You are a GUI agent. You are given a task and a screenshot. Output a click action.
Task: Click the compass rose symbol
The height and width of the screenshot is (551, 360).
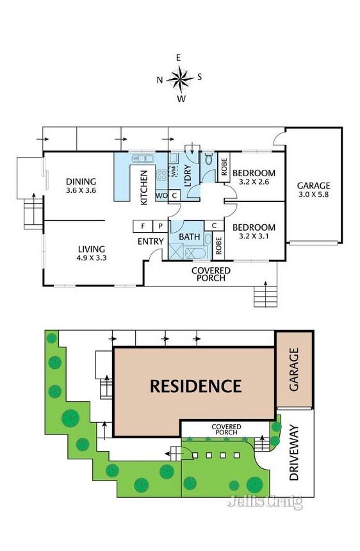click(181, 78)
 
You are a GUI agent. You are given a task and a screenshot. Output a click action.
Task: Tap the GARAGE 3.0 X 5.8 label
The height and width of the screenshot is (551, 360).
click(313, 190)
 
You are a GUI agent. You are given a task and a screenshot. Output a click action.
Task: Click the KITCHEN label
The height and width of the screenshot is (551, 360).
click(144, 187)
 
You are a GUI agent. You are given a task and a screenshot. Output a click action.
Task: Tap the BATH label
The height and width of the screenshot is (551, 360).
click(190, 236)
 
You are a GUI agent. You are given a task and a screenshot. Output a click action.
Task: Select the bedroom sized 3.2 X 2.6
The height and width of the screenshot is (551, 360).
click(254, 177)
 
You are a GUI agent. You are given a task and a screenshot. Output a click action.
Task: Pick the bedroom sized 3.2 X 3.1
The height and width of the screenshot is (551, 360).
click(254, 232)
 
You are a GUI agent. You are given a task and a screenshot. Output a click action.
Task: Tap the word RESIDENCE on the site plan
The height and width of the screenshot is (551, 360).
click(195, 386)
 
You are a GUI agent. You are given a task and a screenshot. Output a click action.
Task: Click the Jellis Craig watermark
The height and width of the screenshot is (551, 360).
click(265, 502)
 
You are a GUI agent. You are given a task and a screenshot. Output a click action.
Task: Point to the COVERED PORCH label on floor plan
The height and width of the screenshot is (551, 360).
click(211, 274)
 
